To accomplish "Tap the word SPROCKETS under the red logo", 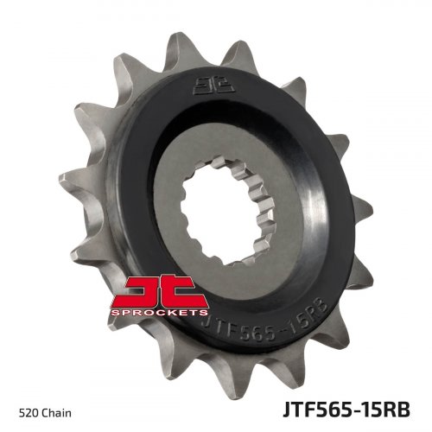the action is click(159, 313).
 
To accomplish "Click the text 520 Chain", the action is click(45, 413).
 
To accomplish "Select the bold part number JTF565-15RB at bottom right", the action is click(346, 410).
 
